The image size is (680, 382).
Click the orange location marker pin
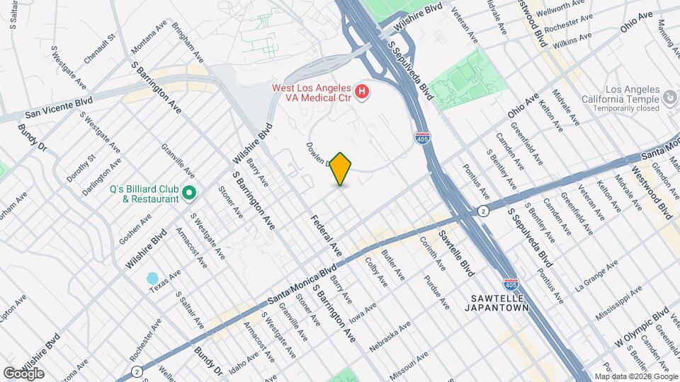341,168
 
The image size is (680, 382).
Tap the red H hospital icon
362,91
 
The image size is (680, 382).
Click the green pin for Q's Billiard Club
189,192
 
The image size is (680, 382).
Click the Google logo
23,373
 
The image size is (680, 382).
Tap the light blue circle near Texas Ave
152,279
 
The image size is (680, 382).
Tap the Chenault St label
100,49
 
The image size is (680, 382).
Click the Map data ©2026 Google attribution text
635,376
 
